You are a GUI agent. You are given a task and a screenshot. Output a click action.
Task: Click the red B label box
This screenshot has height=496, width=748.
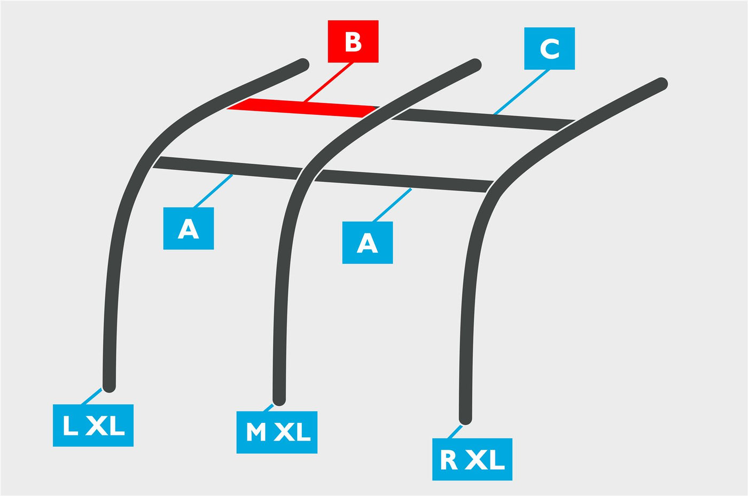click(353, 42)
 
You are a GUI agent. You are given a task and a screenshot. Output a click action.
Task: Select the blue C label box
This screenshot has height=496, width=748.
click(549, 49)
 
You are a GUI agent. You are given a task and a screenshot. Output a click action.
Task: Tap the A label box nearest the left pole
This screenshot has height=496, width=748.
click(188, 229)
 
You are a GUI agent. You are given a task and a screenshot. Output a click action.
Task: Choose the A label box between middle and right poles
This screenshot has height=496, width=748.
click(368, 242)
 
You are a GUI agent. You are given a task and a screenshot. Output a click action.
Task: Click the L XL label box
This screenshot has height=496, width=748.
click(93, 425)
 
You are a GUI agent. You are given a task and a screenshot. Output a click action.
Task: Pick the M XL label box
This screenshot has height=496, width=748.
click(277, 432)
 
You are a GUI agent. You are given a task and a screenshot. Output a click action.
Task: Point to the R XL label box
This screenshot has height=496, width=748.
click(472, 459)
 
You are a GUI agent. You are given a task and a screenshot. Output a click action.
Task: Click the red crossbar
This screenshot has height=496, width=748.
click(303, 108)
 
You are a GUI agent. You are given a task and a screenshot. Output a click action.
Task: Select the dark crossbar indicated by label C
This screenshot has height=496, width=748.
click(483, 120)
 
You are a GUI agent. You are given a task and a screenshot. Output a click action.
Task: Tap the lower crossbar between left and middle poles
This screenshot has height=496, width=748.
click(228, 168)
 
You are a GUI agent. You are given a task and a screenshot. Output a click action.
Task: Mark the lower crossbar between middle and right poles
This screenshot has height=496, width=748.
click(404, 181)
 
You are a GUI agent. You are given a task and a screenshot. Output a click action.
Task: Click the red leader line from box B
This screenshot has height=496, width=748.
click(328, 82)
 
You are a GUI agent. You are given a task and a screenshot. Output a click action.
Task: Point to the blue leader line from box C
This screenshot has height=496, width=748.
click(521, 92)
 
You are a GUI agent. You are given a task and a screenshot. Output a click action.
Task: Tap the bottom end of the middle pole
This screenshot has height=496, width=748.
click(279, 400)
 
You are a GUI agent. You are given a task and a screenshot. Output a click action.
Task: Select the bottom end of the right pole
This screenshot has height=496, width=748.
click(465, 419)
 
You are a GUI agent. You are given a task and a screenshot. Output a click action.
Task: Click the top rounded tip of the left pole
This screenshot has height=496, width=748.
click(303, 65)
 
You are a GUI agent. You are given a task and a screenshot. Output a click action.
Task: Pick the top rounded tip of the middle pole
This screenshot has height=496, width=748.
click(475, 65)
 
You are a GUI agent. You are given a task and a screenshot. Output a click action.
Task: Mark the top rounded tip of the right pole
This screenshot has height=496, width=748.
click(661, 84)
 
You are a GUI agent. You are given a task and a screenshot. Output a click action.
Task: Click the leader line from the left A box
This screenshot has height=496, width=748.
click(213, 191)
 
